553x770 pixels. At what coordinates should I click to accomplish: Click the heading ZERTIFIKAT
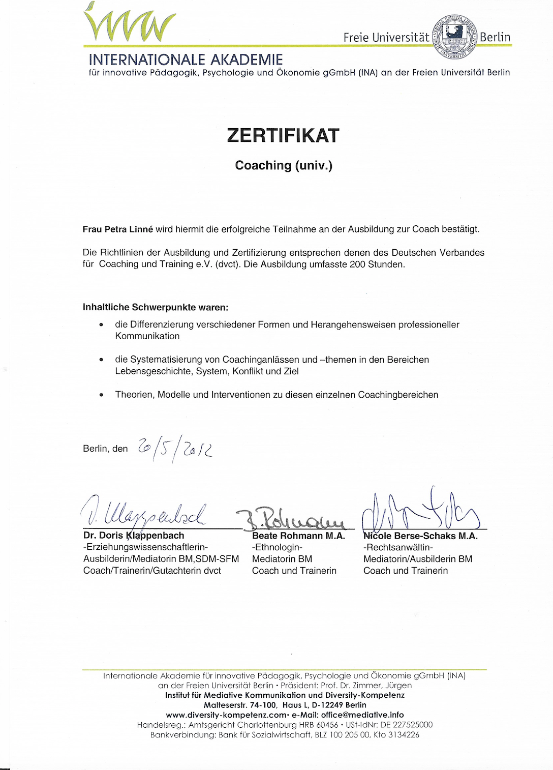(x=283, y=136)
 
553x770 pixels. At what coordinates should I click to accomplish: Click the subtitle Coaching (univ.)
(x=284, y=165)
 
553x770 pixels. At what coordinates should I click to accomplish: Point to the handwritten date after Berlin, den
(x=175, y=448)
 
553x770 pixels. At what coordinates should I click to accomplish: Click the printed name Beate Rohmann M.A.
(x=298, y=536)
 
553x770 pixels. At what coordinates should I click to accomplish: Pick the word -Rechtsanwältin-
(x=398, y=548)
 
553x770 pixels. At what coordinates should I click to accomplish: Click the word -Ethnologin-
(x=277, y=548)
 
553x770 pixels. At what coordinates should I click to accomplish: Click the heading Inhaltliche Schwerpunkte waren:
(x=156, y=307)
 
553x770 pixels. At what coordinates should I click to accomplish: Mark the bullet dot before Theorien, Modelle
(x=102, y=395)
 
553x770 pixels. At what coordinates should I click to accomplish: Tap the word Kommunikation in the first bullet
(x=147, y=336)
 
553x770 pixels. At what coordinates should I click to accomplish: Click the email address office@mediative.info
(x=362, y=715)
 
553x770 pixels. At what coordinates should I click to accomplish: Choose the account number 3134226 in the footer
(x=404, y=735)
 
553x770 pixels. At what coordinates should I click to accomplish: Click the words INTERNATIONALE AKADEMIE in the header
(x=186, y=60)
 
